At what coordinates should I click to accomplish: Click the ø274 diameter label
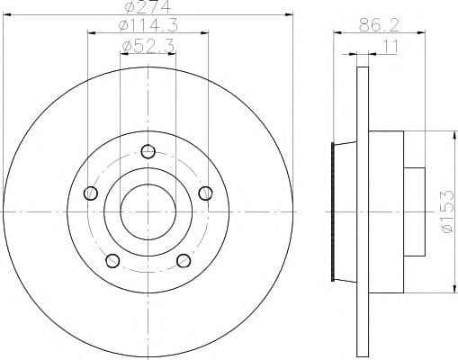coord(148,7)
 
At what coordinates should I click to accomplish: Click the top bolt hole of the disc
coord(149,150)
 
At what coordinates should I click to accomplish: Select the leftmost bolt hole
coord(90,193)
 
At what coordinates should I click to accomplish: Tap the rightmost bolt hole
coord(206,192)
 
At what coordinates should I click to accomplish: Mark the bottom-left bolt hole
coord(112,261)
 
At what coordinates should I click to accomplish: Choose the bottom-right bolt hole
coord(184,261)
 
